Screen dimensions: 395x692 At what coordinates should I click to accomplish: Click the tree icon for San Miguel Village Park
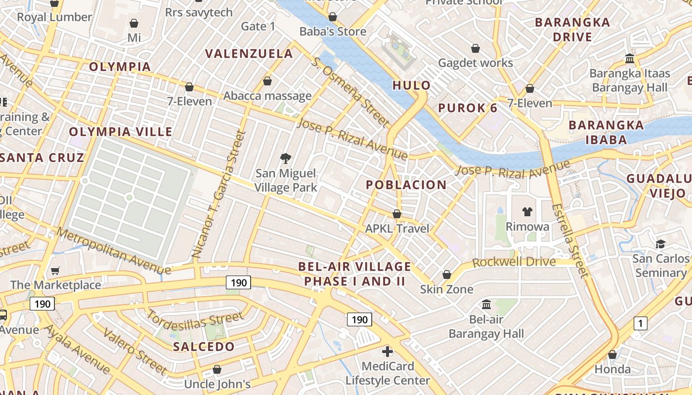285,158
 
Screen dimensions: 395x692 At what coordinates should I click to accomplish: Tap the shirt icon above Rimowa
527,212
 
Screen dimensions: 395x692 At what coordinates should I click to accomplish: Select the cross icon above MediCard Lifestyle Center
388,352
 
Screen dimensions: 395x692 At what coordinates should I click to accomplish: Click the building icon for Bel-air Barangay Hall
486,304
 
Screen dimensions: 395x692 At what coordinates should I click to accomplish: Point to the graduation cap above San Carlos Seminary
660,244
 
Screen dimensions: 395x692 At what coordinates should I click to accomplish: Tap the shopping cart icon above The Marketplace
55,270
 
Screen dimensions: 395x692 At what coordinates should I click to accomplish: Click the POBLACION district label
406,185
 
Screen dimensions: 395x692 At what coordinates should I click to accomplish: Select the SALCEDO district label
204,347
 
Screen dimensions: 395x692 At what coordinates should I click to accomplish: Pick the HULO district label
412,85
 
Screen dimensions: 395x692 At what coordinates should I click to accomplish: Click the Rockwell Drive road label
514,262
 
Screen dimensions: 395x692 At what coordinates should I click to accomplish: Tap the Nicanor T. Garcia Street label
218,194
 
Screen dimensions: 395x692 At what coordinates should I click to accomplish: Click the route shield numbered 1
640,324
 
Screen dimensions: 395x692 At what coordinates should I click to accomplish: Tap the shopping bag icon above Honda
612,355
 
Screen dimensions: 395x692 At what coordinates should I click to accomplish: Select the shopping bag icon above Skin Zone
447,275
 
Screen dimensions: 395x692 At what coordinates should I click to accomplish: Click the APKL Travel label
397,229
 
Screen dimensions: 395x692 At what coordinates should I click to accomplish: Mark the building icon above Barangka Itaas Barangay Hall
630,59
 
